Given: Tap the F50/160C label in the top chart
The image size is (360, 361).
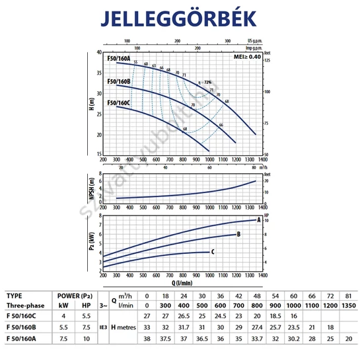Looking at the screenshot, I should pyautogui.click(x=118, y=102).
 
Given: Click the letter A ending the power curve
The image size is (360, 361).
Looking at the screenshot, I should pyautogui.click(x=260, y=218).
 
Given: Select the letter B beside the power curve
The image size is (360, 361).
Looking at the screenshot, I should pyautogui.click(x=238, y=234).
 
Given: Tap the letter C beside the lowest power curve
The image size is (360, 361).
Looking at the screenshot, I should pyautogui.click(x=212, y=251).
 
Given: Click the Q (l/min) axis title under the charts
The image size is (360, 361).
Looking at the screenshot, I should pyautogui.click(x=182, y=280).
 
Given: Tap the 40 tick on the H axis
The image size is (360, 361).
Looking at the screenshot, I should pyautogui.click(x=98, y=52).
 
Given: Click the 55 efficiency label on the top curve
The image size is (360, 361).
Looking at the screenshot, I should pyautogui.click(x=135, y=62).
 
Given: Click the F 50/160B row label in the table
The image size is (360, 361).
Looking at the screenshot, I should pyautogui.click(x=23, y=326).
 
